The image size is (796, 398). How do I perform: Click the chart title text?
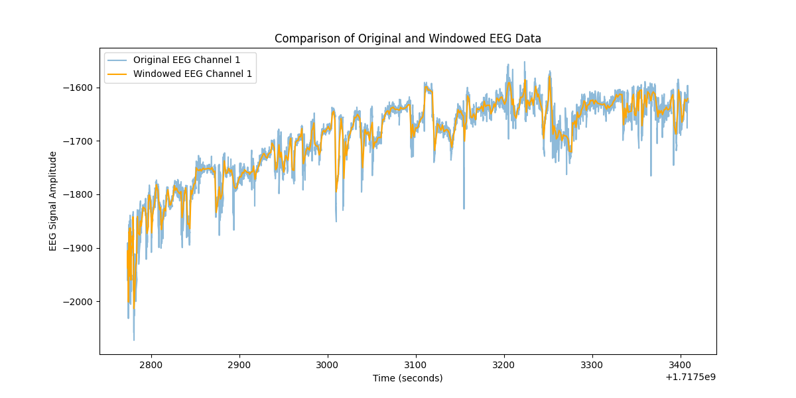coord(407,38)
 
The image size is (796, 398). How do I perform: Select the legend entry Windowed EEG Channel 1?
coord(192,74)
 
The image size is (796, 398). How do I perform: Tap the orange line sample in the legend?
coord(118,74)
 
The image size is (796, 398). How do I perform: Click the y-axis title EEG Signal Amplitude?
coord(53,201)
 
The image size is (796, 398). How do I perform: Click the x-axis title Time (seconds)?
coord(407,378)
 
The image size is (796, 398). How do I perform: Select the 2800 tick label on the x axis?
coord(151,365)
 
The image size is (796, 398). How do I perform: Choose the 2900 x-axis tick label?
coord(239,365)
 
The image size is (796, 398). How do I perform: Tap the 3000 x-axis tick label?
coord(327,365)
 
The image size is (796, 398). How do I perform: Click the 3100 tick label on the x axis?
coord(415,365)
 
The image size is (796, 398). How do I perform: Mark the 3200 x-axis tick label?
coord(503,365)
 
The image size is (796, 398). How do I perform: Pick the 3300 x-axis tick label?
coord(592,365)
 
